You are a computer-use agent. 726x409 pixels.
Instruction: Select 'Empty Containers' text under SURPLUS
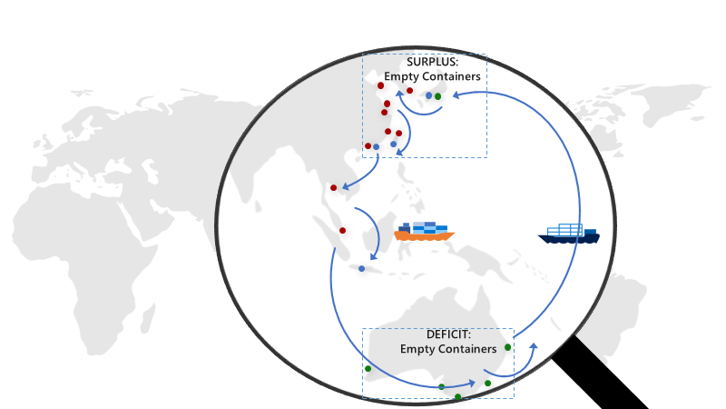432,76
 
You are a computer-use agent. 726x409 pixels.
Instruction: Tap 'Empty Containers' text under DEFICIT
448,348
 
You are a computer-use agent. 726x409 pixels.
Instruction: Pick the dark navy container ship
569,236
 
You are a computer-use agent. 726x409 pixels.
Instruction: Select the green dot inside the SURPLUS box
437,96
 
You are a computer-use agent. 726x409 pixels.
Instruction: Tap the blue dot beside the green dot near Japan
428,95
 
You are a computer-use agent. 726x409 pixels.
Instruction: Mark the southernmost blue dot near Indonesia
361,268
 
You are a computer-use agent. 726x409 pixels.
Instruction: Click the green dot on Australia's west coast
368,368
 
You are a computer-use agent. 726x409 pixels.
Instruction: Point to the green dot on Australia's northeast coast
507,347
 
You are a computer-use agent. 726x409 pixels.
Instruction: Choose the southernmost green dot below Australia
457,396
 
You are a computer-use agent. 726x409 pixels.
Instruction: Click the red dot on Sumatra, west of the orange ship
342,230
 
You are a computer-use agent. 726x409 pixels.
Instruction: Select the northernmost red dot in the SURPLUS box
379,86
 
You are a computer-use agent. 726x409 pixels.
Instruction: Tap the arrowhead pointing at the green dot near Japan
453,94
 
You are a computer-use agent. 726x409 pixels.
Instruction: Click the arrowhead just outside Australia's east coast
534,346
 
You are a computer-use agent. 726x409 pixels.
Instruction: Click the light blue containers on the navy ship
570,229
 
